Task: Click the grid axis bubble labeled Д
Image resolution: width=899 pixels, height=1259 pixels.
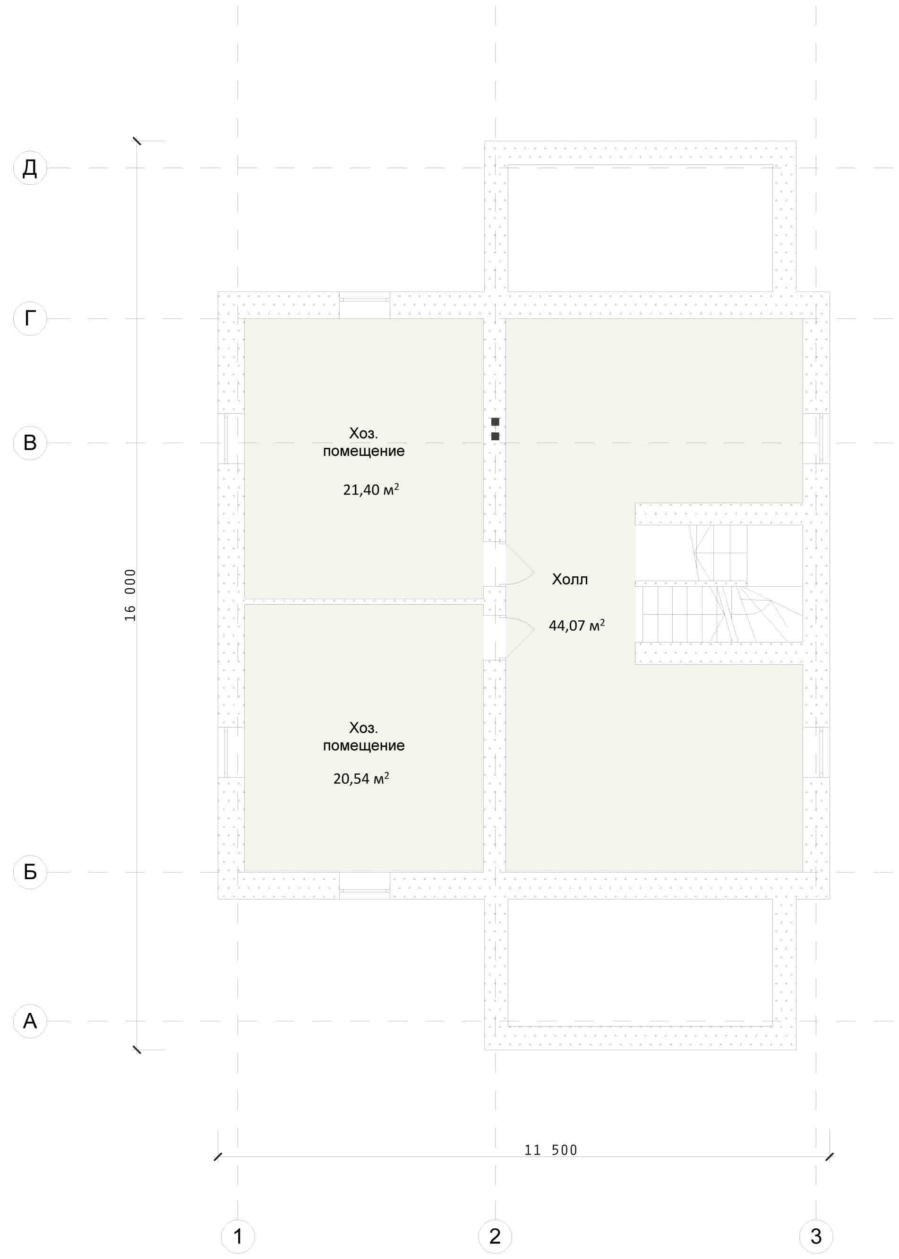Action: [x=30, y=168]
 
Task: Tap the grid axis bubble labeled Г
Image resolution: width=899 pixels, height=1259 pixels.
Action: [x=30, y=318]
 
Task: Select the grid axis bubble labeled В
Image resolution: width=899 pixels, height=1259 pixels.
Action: [x=30, y=443]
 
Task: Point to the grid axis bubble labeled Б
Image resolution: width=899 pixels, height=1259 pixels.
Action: [x=30, y=872]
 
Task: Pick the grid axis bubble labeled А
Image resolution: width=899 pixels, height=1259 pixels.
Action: [x=30, y=1021]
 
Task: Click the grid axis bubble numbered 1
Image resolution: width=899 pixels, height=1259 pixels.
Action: [x=238, y=1236]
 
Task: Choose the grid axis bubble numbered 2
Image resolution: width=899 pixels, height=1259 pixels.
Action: [x=495, y=1236]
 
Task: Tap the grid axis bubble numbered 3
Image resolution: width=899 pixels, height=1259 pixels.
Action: [x=816, y=1236]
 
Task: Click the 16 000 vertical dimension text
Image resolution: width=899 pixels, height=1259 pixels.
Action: [x=130, y=595]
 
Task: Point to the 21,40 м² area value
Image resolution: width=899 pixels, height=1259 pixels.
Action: [x=371, y=489]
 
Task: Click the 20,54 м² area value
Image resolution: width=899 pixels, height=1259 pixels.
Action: [x=361, y=779]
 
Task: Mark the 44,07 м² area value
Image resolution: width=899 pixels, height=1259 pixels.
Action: [x=577, y=625]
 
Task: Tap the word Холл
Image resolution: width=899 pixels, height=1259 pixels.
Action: [x=570, y=579]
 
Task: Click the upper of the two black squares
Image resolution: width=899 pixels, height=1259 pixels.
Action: [x=495, y=422]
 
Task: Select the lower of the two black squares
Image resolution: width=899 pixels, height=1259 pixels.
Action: [x=495, y=436]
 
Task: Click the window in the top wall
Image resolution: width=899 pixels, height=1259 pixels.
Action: [x=364, y=300]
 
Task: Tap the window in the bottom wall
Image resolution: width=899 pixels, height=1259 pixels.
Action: [x=364, y=891]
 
